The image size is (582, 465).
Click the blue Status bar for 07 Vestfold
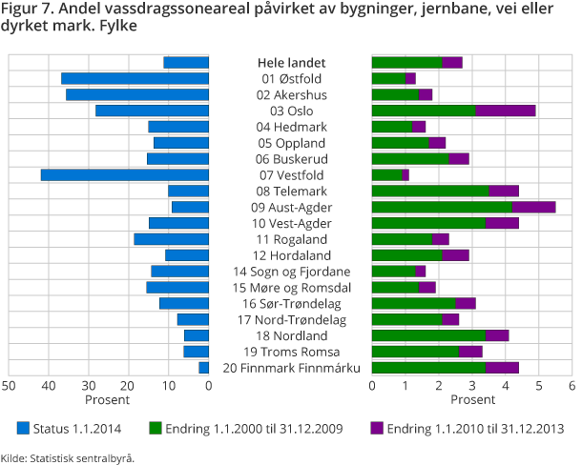pyautogui.click(x=124, y=175)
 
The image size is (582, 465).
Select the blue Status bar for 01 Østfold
pyautogui.click(x=135, y=78)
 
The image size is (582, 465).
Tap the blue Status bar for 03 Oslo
pyautogui.click(x=152, y=111)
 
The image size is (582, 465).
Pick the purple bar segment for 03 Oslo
pyautogui.click(x=505, y=111)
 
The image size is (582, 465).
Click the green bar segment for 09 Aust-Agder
pyautogui.click(x=441, y=207)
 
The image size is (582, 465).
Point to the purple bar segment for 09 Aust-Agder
pyautogui.click(x=533, y=207)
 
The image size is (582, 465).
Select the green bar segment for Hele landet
pyautogui.click(x=406, y=62)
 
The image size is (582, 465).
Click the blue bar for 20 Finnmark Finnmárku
pyautogui.click(x=203, y=368)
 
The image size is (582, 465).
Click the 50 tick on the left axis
pyautogui.click(x=8, y=385)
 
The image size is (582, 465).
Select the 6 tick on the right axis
pyautogui.click(x=572, y=385)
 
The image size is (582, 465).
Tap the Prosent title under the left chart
pyautogui.click(x=107, y=400)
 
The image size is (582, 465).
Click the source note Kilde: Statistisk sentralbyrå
pyautogui.click(x=67, y=457)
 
